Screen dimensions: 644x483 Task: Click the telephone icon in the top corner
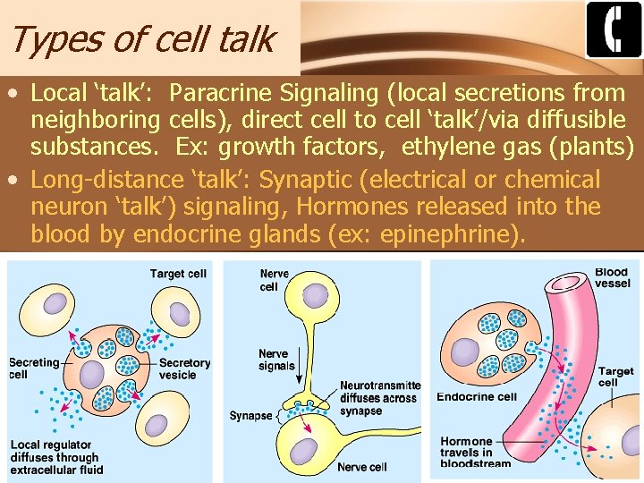coord(614,30)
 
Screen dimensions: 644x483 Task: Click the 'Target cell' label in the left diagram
coord(178,274)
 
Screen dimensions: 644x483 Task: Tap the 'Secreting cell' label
coord(33,369)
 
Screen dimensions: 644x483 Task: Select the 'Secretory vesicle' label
coord(184,369)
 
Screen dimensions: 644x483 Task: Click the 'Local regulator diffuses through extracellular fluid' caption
coord(56,457)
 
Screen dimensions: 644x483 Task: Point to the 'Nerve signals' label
coord(276,360)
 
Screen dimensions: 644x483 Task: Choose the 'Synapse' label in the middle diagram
coord(250,416)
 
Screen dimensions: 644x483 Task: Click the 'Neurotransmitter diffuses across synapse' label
coord(379,398)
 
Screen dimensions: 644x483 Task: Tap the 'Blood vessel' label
coord(612,277)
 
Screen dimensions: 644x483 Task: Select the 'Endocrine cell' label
coord(477,397)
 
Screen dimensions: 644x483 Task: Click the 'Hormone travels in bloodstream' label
coord(476,452)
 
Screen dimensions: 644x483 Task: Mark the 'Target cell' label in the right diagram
coord(615,377)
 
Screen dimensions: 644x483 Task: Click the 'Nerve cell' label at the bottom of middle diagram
coord(361,467)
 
